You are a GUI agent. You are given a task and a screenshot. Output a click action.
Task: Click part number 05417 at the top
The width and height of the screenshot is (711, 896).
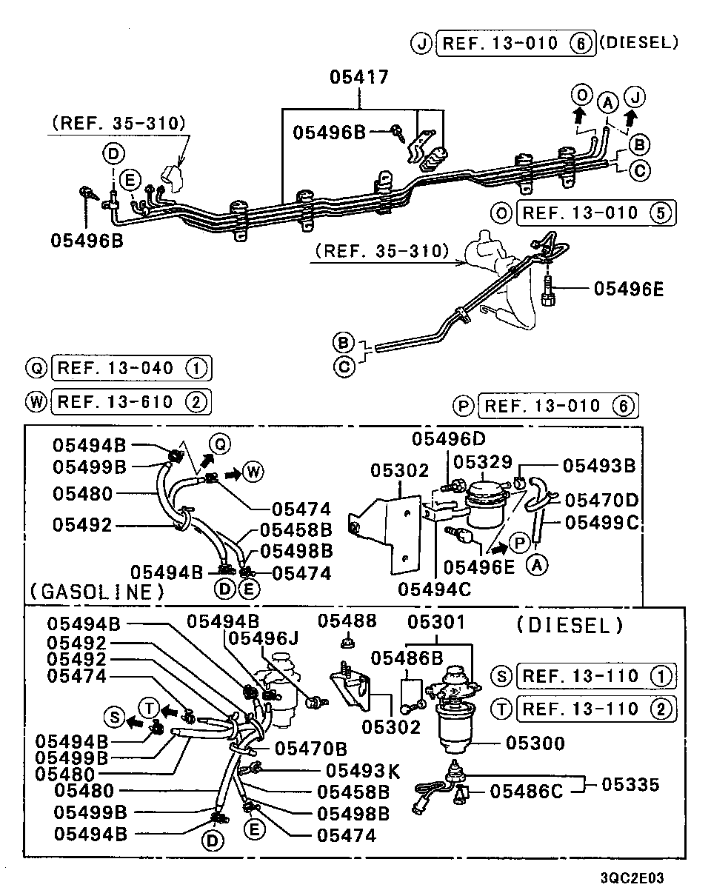point(359,77)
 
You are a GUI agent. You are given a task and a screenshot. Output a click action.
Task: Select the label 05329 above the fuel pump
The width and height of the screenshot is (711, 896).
point(482,462)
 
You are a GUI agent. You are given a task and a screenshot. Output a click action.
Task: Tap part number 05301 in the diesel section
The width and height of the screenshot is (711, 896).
point(438,622)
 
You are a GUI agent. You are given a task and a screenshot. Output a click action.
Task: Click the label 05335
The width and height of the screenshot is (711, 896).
point(630,783)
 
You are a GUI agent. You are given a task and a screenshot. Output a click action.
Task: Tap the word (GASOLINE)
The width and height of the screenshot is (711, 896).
point(97,591)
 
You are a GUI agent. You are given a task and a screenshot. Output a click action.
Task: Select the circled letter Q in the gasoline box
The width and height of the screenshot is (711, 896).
point(218,444)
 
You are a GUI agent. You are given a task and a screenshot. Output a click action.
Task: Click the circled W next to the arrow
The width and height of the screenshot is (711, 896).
point(251,472)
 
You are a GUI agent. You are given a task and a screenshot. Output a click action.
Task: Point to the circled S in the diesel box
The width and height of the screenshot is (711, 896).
point(114,717)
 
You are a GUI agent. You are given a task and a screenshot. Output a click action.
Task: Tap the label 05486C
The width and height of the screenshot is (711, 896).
point(526,792)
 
